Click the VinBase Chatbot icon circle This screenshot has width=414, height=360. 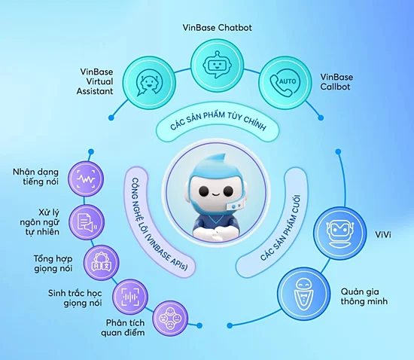tap(217, 65)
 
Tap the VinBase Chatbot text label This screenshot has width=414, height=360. tap(217, 27)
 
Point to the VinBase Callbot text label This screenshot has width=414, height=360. tap(336, 83)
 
